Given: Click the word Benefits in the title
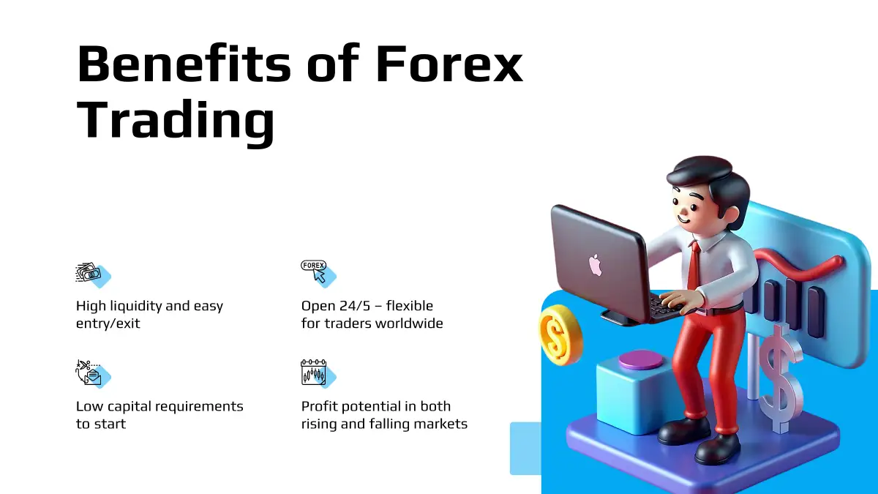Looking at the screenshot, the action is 184,64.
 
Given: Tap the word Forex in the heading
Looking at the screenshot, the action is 449,64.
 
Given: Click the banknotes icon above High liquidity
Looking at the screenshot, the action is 93,275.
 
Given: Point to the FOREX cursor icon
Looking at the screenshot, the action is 318,274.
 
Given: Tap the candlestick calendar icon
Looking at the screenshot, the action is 318,374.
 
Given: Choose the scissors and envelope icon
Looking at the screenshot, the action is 93,374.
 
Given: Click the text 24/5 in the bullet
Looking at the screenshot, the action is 355,306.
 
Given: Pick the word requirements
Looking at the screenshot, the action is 191,407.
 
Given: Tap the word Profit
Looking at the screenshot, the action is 320,406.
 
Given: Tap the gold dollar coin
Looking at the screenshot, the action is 560,335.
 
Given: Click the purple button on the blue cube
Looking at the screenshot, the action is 641,360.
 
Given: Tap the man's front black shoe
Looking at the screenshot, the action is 717,450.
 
